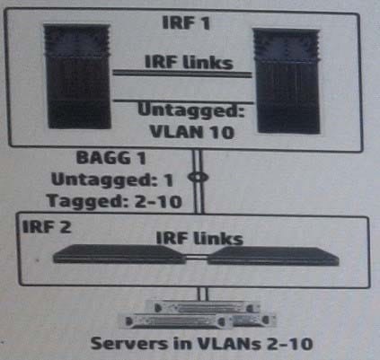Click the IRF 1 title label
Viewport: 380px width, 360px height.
point(186,22)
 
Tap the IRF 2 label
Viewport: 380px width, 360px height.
point(47,226)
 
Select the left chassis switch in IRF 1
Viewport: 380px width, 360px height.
point(78,76)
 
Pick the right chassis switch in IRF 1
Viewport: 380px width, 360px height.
point(287,81)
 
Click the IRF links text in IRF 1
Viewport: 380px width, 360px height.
point(189,62)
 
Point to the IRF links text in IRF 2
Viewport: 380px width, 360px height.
point(199,238)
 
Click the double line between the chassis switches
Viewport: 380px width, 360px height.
point(182,74)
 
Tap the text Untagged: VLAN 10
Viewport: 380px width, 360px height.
point(191,121)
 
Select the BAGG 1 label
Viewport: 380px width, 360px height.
point(110,157)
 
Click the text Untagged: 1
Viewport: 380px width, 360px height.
point(112,180)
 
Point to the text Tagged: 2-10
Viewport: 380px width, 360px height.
point(114,200)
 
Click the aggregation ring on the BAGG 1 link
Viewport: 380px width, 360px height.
point(198,177)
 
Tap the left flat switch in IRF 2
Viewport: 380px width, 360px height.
point(119,254)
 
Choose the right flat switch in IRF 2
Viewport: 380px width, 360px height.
point(273,256)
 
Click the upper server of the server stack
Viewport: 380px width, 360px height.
point(202,307)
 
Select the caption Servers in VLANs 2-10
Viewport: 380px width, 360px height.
point(201,343)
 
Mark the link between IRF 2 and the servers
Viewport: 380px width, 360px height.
point(202,294)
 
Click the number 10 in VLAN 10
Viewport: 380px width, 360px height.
point(221,132)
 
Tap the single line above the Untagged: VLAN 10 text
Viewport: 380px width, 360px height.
point(183,101)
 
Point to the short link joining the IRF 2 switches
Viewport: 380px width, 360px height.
point(197,257)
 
